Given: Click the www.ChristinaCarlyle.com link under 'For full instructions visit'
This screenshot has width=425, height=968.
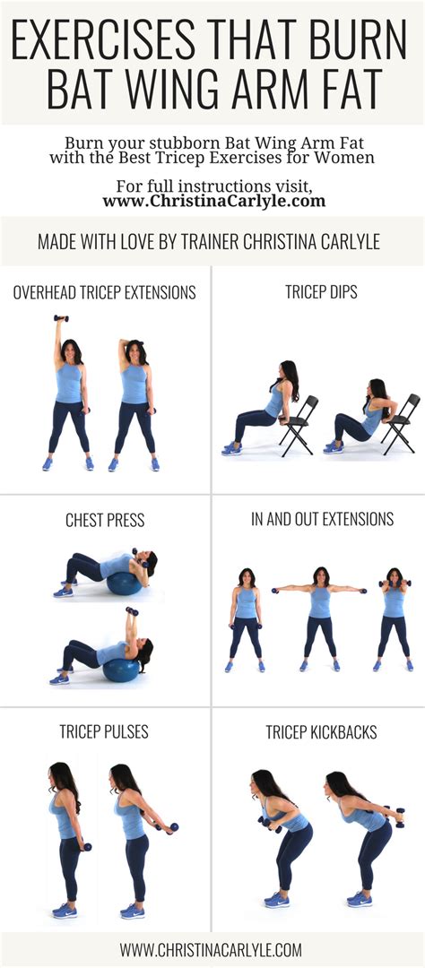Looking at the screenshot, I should [212, 202].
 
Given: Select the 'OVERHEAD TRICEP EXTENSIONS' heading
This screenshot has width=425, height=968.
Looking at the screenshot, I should [105, 293].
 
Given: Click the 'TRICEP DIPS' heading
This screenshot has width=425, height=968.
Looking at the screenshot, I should [318, 293].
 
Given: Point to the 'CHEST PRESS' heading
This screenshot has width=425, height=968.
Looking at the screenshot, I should [105, 520].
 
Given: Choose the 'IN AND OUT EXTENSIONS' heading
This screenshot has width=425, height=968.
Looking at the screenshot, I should [322, 519].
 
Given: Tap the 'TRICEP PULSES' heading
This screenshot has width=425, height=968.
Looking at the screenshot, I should [105, 732].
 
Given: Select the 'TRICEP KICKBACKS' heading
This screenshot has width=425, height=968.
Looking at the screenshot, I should [321, 732].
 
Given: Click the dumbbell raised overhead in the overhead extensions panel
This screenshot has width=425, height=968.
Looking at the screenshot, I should [61, 319].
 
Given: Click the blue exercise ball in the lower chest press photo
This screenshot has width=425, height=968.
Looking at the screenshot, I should [120, 668].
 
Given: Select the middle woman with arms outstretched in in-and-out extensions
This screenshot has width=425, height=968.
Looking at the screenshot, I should [320, 618].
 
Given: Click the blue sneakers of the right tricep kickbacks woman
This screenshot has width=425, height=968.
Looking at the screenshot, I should [358, 898].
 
